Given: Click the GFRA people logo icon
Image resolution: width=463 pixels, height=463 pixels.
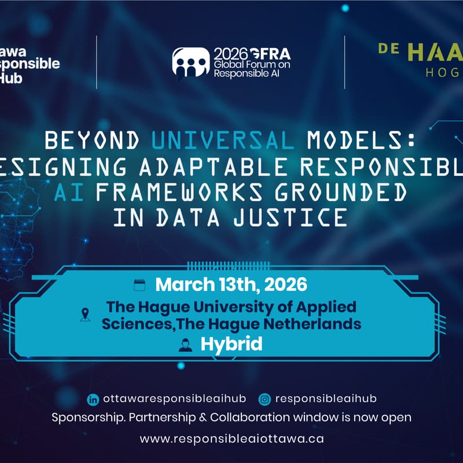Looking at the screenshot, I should pos(190,62).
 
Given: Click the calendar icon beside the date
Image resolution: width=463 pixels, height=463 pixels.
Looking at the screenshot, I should pos(139,284).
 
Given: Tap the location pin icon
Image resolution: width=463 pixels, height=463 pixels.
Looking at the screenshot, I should pos(86,315).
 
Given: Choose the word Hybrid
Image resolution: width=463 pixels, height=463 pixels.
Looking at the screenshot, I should pos(231,344).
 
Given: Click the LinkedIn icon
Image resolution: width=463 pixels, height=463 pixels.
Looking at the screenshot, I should pos(93,399).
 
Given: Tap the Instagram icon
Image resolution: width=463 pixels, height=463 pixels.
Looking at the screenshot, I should pos(264,399).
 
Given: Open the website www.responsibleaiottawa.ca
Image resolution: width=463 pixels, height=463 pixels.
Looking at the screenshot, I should pos(231,438).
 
